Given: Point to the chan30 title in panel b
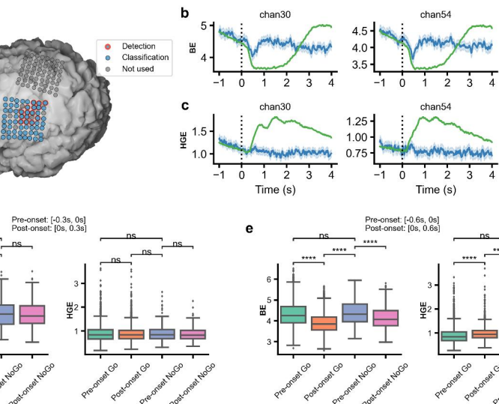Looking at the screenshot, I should coord(275,13).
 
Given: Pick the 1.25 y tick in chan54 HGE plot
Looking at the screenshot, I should coord(364,121).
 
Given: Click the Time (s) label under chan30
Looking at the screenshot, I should coord(275,190).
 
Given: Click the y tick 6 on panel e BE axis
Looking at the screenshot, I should coord(271,279).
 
